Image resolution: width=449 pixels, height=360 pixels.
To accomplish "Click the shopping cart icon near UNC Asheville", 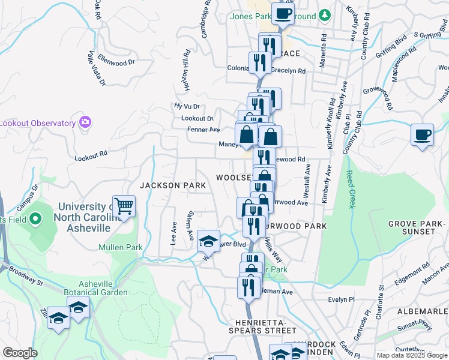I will pyautogui.click(x=124, y=206).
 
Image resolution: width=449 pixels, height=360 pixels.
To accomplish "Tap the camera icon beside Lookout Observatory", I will pyautogui.click(x=85, y=122).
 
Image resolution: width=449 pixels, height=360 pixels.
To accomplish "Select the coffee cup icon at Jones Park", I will pyautogui.click(x=283, y=13).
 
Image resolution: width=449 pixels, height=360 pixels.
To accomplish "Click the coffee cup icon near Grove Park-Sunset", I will pyautogui.click(x=422, y=134).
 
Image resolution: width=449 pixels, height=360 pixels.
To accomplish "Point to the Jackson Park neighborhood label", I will pyautogui.click(x=173, y=185).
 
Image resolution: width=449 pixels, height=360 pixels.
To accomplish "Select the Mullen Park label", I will pyautogui.click(x=121, y=247).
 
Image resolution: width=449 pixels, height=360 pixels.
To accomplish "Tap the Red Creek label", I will pyautogui.click(x=350, y=189).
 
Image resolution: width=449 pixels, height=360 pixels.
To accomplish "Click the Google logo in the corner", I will pyautogui.click(x=20, y=353).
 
